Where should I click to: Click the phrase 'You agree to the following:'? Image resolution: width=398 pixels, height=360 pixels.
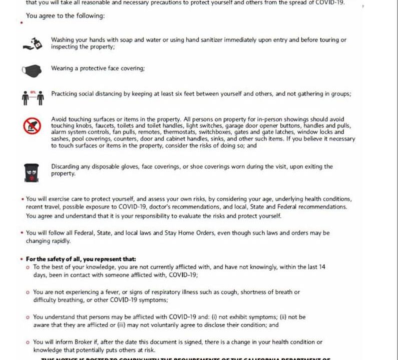pyautogui.click(x=65, y=16)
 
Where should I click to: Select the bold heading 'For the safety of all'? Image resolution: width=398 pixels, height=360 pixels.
pyautogui.click(x=81, y=259)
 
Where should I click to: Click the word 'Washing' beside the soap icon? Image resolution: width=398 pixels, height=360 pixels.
pyautogui.click(x=62, y=39)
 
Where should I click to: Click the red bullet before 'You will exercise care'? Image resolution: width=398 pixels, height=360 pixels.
pyautogui.click(x=23, y=199)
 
